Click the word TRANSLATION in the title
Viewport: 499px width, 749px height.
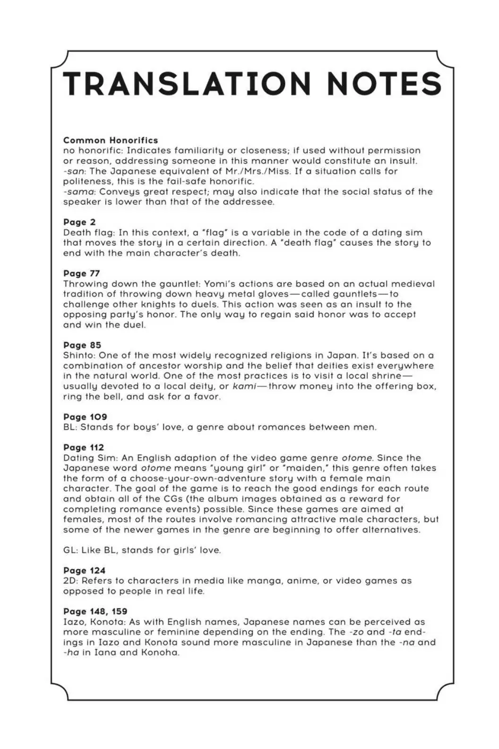[187, 84]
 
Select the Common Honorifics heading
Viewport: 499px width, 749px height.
[111, 140]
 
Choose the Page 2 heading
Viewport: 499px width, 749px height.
[79, 222]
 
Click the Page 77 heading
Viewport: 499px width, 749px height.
[82, 273]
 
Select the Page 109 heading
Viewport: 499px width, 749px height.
[85, 417]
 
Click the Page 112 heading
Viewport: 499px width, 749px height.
[84, 447]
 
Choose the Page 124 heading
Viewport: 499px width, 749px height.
[84, 570]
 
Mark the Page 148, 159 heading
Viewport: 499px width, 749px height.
[95, 611]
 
